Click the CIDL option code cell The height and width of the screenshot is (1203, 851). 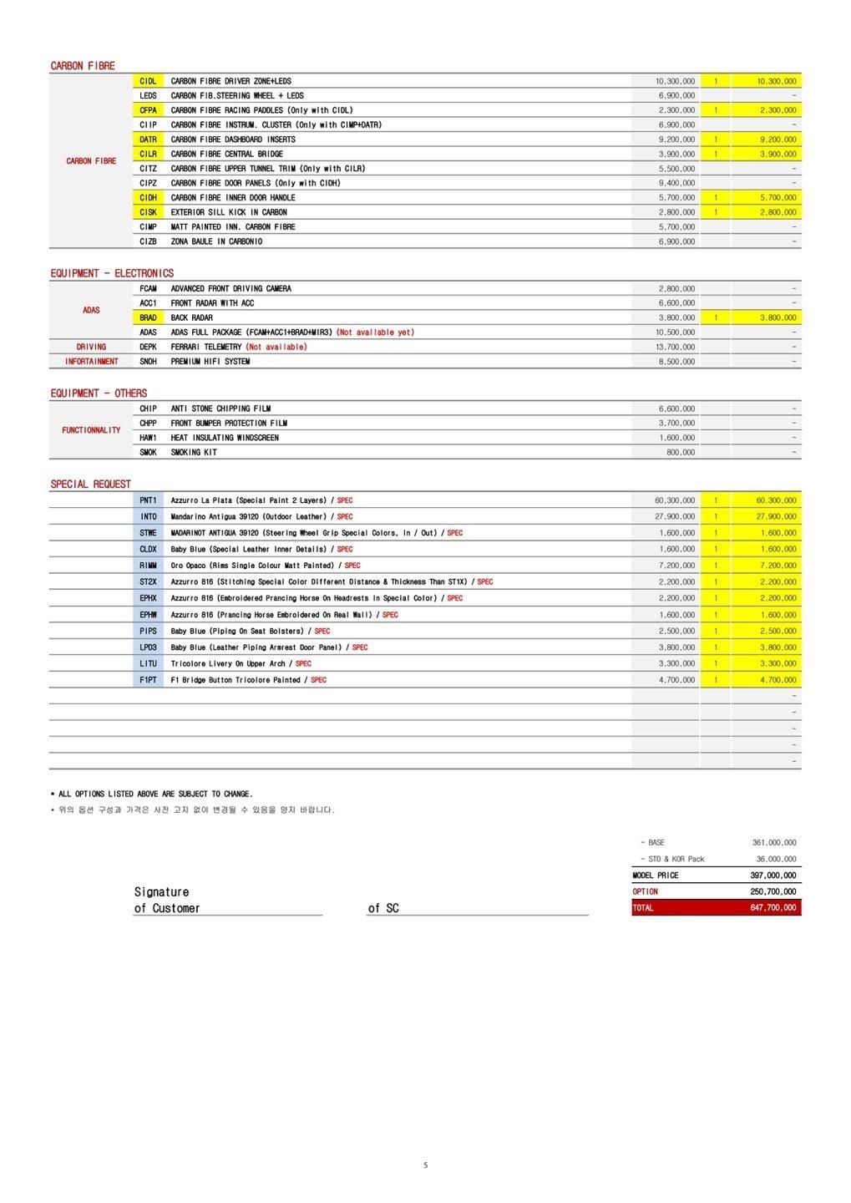(148, 81)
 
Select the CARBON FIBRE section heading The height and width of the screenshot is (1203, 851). (83, 66)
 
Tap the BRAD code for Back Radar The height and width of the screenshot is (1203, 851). (148, 317)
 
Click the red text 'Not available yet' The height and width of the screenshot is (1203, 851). (375, 332)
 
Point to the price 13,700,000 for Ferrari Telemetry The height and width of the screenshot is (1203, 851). (676, 347)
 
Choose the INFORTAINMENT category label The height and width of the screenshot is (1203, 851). (91, 362)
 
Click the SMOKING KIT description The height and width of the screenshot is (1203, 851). (194, 452)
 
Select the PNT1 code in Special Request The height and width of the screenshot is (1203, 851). (148, 500)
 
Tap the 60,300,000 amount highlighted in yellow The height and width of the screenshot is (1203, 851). (776, 500)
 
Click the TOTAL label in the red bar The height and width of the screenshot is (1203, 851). (643, 908)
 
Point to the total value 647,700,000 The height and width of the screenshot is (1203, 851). (772, 908)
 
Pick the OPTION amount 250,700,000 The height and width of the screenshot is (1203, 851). (772, 891)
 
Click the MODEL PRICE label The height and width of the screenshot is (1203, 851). (656, 876)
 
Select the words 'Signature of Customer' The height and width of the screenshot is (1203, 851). (167, 901)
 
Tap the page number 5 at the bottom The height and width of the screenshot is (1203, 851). (425, 1165)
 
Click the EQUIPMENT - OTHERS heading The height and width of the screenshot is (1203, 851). (99, 393)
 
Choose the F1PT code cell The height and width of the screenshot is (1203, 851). (148, 680)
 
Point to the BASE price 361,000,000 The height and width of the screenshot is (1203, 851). (774, 843)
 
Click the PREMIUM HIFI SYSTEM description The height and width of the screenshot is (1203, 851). (210, 362)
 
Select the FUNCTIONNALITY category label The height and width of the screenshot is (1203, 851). (91, 430)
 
